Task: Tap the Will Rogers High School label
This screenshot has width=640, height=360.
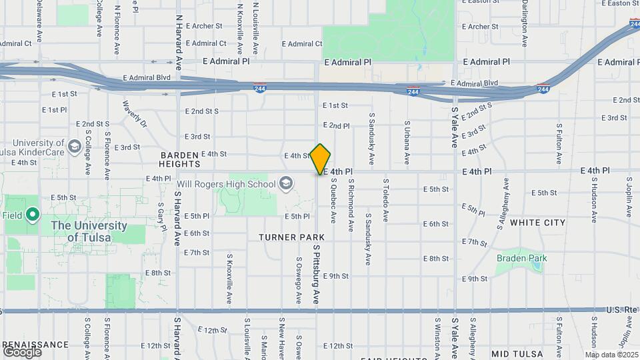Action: (226, 184)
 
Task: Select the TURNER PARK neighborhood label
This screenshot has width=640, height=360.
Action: (292, 237)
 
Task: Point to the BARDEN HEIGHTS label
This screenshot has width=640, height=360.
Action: (179, 159)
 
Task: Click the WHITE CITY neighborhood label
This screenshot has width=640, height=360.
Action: (537, 223)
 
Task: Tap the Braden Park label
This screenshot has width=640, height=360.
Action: (521, 258)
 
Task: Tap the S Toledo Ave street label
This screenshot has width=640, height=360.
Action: (385, 199)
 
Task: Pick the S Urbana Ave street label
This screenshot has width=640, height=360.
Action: (407, 142)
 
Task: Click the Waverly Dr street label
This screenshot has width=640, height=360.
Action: (135, 115)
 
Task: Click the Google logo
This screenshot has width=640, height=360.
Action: (21, 352)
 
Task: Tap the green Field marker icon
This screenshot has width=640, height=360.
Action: (32, 215)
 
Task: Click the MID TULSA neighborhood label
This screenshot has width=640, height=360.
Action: (517, 353)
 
